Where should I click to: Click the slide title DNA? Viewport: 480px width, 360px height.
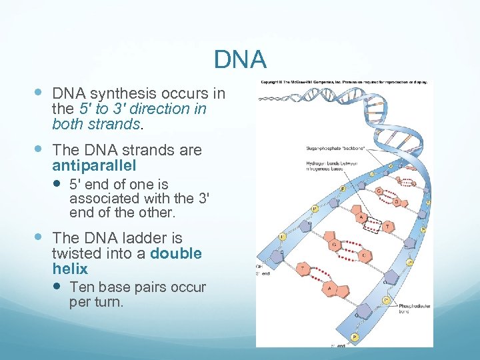pyautogui.click(x=240, y=60)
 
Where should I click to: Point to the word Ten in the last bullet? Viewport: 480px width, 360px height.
pyautogui.click(x=83, y=287)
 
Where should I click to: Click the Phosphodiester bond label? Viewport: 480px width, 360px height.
pyautogui.click(x=415, y=309)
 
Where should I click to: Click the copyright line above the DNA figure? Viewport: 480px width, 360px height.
pyautogui.click(x=343, y=83)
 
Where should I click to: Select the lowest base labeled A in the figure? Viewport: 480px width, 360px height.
pyautogui.click(x=328, y=289)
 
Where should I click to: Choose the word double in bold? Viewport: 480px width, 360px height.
pyautogui.click(x=176, y=253)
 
